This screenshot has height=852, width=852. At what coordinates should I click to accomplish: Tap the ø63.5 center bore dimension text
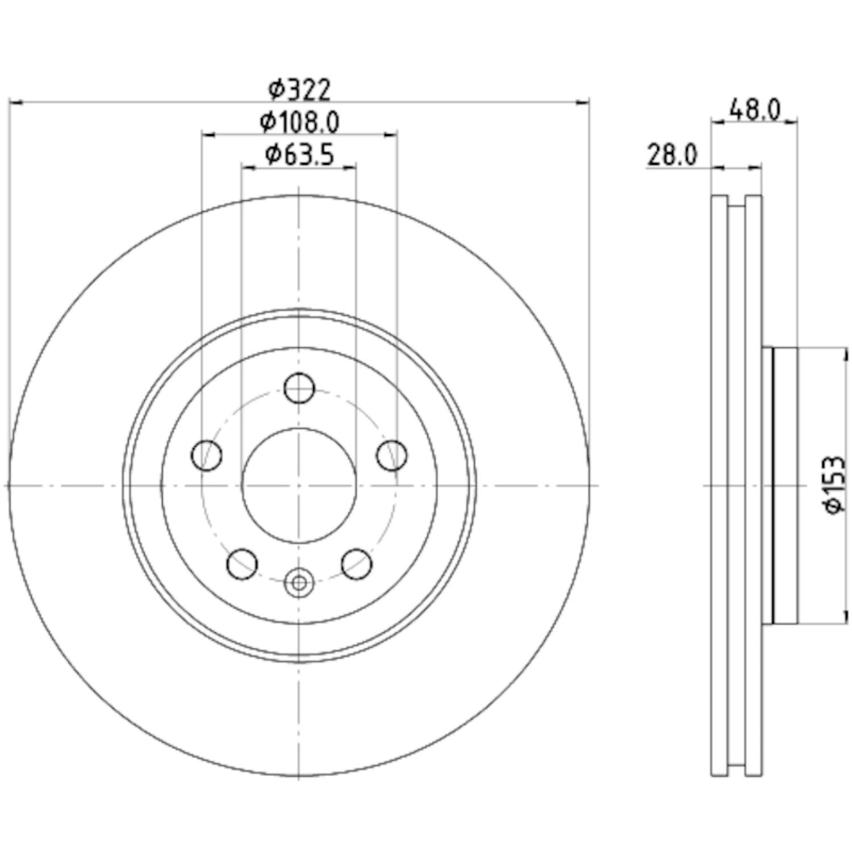click(x=299, y=154)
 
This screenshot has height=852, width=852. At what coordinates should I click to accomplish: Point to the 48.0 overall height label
click(x=755, y=109)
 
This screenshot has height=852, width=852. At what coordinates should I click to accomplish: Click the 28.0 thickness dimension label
click(x=671, y=155)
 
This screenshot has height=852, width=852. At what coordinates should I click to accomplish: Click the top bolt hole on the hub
click(x=299, y=388)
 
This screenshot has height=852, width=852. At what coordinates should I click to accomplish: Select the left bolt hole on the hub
click(x=207, y=455)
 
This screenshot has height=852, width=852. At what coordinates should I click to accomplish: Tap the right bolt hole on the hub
click(x=392, y=455)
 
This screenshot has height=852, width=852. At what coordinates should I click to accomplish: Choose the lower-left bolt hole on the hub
click(x=242, y=564)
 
